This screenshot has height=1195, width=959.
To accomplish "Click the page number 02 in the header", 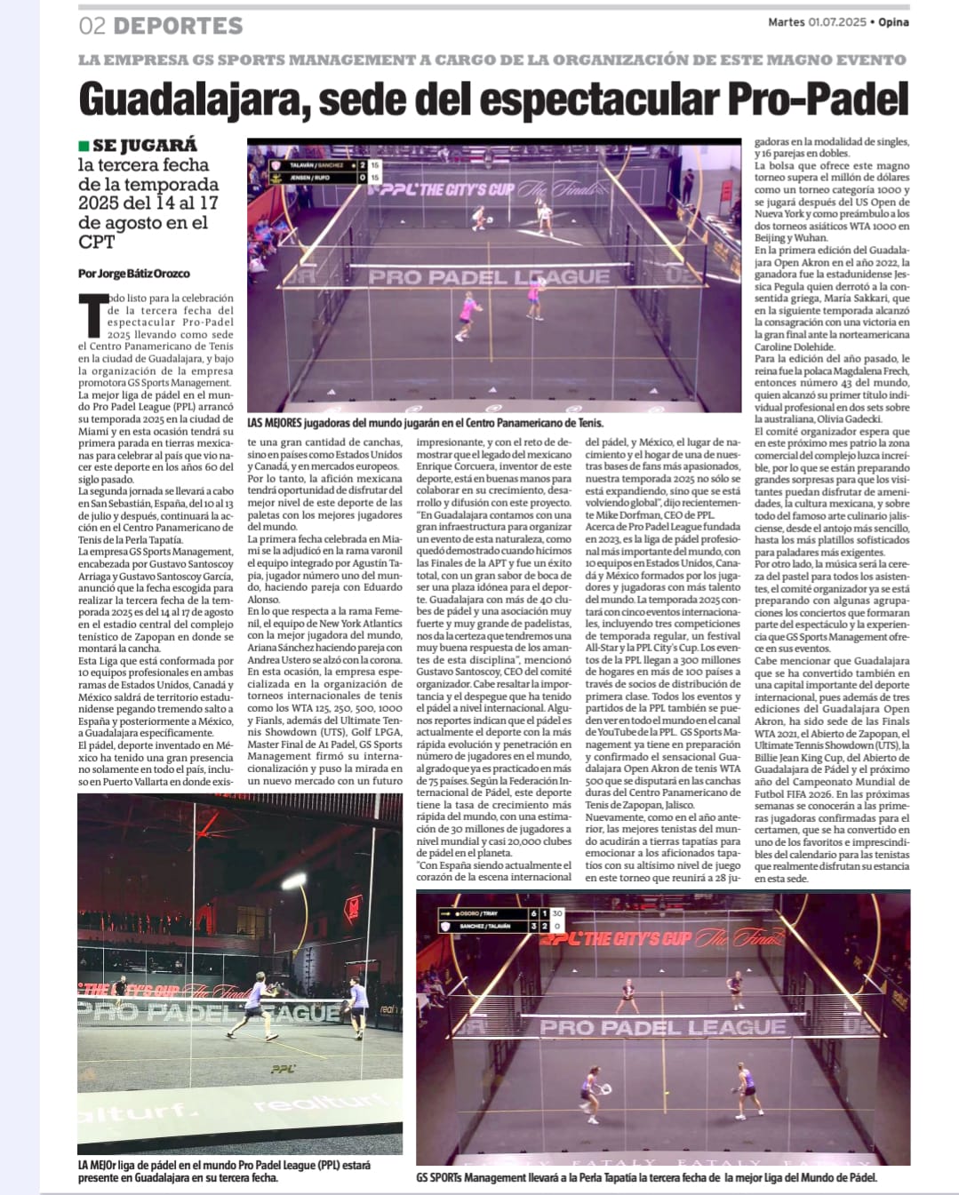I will [x=92, y=26].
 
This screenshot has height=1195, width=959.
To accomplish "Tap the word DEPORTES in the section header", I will [x=178, y=26].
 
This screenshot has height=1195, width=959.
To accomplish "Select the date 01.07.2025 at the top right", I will [x=836, y=22].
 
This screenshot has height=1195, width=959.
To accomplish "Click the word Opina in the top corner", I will [x=893, y=22].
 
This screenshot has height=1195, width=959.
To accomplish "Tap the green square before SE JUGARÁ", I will [x=84, y=145].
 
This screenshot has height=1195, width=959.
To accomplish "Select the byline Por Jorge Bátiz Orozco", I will [x=133, y=273].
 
